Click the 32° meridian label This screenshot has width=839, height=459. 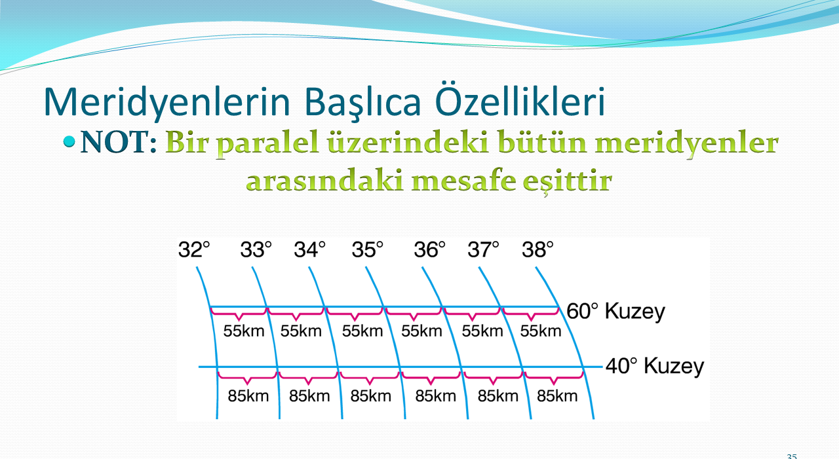(x=194, y=249)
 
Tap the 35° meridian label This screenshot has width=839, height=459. (x=368, y=249)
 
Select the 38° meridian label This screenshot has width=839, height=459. (x=537, y=249)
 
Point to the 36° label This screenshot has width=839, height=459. (x=429, y=249)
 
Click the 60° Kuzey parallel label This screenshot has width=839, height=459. (x=615, y=311)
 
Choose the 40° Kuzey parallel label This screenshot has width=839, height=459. (x=655, y=366)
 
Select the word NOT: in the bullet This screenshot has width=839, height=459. (x=119, y=143)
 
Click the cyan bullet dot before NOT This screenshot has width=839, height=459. (x=69, y=141)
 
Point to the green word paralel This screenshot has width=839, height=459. (x=268, y=143)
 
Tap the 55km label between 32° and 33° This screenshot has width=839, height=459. (x=244, y=331)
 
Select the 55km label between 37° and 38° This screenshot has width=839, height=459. (x=541, y=331)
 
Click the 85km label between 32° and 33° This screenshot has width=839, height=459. (x=248, y=395)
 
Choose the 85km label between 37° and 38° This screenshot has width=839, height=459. (x=557, y=395)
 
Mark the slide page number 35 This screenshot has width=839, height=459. (x=792, y=456)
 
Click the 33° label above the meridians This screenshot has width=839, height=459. (x=256, y=249)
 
